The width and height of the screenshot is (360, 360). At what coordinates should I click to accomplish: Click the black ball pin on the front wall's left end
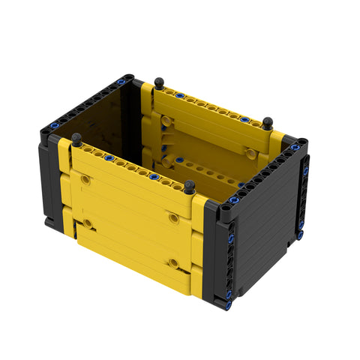click(76, 139)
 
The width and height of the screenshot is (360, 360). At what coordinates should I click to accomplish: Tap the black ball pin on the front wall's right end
click(190, 186)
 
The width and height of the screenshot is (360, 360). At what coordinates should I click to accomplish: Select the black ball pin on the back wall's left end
click(158, 82)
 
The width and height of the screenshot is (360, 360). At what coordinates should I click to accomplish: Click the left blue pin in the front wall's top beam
click(109, 159)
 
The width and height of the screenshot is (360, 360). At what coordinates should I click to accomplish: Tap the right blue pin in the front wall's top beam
click(154, 177)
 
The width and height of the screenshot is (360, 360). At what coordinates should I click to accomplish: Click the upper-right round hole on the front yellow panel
click(174, 217)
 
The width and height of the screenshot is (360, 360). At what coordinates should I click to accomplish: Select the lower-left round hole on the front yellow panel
click(88, 223)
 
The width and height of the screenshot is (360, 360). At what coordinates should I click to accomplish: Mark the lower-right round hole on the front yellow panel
click(174, 263)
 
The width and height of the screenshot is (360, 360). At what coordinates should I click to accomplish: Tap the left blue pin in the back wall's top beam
click(179, 95)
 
